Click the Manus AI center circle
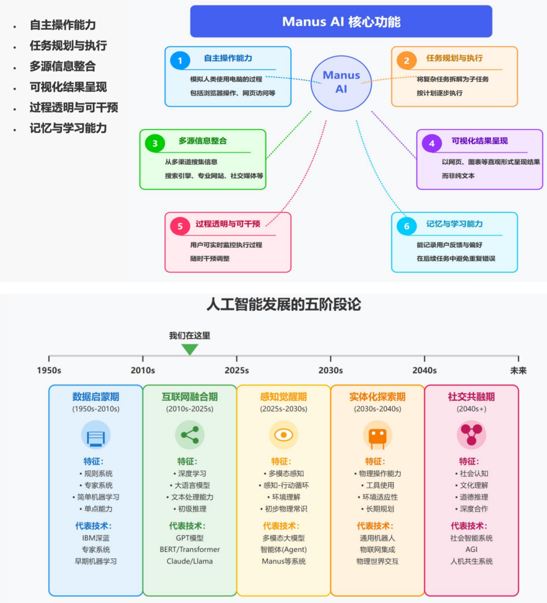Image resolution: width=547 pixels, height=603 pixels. (341, 83)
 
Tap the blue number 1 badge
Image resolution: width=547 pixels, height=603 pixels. (180, 61)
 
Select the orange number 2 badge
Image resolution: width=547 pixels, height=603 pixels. (406, 61)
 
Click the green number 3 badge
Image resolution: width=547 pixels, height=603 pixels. (155, 143)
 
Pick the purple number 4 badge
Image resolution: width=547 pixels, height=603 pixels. (432, 143)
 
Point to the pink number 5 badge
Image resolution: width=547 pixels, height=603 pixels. (180, 226)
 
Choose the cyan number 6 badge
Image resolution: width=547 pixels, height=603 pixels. (406, 226)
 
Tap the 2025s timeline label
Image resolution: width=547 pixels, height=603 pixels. (236, 370)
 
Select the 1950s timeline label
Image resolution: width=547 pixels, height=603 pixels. (49, 370)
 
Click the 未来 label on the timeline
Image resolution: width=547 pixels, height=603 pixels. (518, 370)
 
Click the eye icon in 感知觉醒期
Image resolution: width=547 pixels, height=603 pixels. (283, 435)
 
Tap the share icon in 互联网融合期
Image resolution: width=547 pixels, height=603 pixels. (190, 435)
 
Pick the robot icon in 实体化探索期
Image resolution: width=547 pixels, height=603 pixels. (378, 435)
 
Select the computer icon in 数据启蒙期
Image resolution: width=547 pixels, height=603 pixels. (96, 435)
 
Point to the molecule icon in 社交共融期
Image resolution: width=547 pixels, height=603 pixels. (471, 435)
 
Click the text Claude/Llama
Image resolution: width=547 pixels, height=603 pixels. (190, 561)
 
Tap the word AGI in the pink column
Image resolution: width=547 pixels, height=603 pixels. (471, 550)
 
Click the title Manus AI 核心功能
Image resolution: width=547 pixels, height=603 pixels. (341, 22)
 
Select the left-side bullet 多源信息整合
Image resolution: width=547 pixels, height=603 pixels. (63, 66)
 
